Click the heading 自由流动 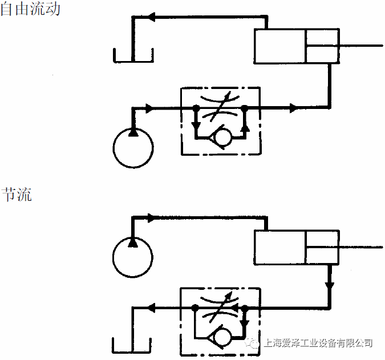[30, 10]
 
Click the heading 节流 [16, 194]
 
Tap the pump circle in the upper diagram [133, 148]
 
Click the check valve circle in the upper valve [220, 137]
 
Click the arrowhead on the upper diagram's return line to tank [153, 18]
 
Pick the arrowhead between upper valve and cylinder [293, 108]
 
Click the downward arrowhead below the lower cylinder [329, 284]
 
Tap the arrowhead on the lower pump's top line [151, 217]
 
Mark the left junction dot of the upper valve [196, 108]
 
